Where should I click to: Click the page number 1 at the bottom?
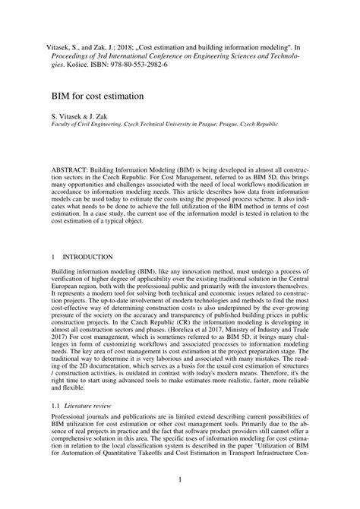(180, 479)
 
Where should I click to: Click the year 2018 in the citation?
(112, 46)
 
